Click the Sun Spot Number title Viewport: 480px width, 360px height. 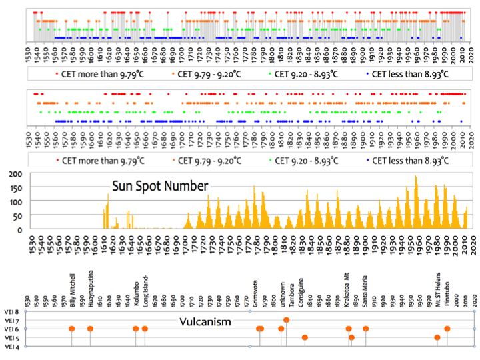159,186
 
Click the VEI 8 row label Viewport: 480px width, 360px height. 12,311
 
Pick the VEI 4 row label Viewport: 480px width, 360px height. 12,346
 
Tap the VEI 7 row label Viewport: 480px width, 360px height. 12,320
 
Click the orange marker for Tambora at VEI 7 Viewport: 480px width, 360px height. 286,320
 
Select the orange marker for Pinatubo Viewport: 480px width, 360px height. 447,329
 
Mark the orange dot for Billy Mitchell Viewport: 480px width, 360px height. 72,329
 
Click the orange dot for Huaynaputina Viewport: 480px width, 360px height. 91,329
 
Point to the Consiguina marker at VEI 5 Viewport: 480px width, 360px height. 305,337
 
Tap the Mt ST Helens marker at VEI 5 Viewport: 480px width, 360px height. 437,337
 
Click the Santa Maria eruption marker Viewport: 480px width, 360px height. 365,329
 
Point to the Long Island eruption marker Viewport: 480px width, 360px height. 145,329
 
